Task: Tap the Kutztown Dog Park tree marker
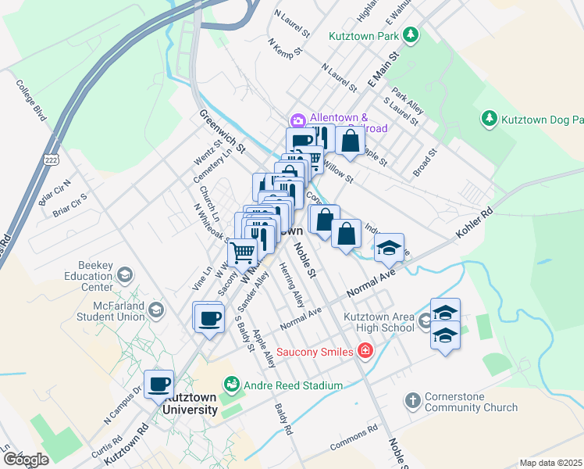point(490,118)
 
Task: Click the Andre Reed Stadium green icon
point(231,385)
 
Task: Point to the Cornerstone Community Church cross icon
point(413,401)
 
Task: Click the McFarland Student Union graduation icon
point(157,310)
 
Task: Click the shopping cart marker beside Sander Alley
point(243,252)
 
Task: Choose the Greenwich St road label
point(222,131)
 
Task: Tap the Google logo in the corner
point(25,460)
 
